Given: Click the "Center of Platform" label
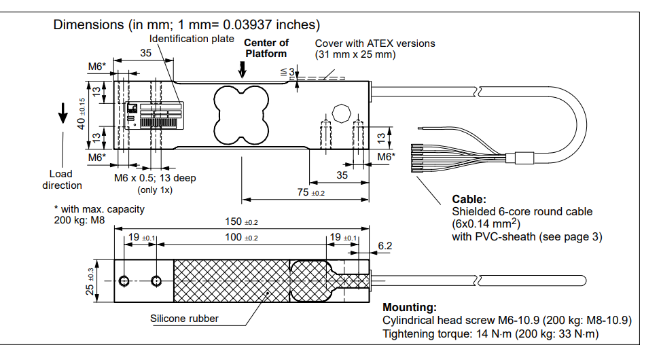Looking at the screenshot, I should (x=266, y=48).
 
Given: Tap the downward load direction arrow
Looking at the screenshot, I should (x=62, y=113).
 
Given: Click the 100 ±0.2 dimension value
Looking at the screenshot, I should (x=242, y=237).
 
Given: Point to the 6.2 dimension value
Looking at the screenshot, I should (x=385, y=245).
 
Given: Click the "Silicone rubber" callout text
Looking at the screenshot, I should (x=184, y=319).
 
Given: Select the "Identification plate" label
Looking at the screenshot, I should (x=192, y=39).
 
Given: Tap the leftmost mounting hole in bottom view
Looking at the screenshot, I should (x=124, y=281).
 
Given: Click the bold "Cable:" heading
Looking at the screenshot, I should (x=469, y=200).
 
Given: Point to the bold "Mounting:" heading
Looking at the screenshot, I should (x=409, y=308).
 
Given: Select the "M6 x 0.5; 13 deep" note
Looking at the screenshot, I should (x=154, y=178).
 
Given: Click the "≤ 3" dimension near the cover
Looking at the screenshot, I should (x=287, y=72).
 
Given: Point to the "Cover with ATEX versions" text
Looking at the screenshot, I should (x=374, y=43).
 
